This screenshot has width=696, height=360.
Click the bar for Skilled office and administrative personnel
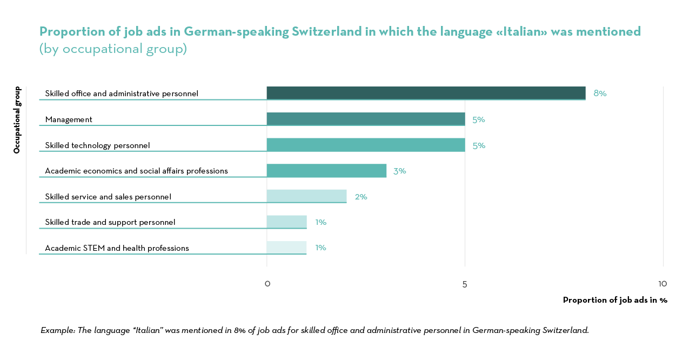426,93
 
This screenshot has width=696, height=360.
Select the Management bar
366,119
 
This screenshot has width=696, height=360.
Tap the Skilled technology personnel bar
366,145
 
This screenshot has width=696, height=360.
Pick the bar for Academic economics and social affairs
326,171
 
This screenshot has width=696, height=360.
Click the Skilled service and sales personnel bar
306,196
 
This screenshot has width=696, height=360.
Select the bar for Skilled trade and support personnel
286,222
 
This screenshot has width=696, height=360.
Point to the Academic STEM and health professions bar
286,248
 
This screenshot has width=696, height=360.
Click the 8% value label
600,93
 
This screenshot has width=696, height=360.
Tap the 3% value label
399,171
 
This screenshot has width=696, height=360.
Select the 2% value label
361,197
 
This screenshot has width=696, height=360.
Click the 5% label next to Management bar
478,119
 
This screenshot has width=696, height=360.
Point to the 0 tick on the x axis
267,284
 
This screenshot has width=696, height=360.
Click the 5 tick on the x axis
465,284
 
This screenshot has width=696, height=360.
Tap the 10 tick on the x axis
662,284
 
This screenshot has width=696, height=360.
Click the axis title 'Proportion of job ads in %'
615,300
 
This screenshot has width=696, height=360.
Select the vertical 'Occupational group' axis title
17,120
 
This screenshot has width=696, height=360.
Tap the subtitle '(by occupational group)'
113,49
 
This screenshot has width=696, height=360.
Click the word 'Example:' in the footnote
58,330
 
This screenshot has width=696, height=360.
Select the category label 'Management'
69,119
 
